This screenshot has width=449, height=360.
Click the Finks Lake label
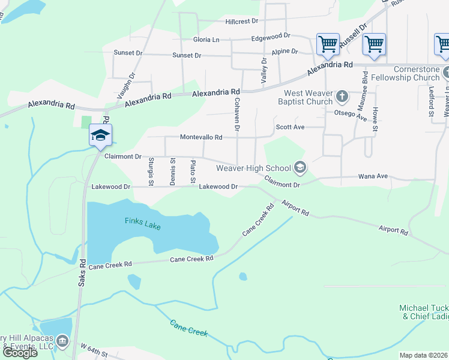142,221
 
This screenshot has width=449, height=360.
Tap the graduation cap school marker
100,135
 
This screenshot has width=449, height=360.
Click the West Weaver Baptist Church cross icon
342,96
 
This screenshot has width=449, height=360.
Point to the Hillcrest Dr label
241,21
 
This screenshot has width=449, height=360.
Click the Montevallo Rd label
202,137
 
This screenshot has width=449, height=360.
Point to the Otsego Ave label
354,115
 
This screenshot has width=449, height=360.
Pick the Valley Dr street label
264,71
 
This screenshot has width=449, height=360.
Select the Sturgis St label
151,171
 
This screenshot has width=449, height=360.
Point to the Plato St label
193,172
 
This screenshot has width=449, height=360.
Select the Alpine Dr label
285,52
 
